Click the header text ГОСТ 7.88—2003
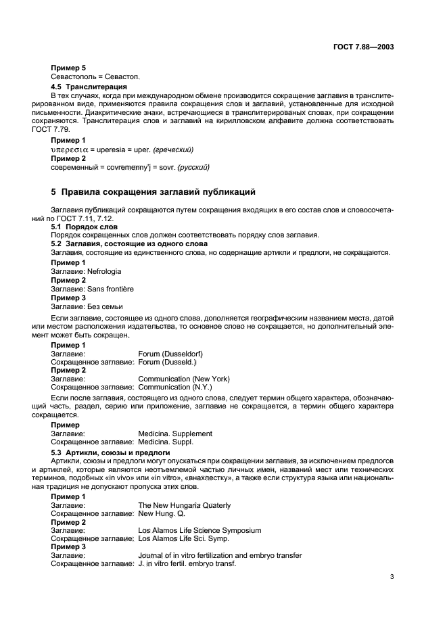coord(363,48)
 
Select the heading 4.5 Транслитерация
coord(89,87)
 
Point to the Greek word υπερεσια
coord(70,149)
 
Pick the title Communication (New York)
coord(184,379)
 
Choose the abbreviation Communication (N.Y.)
coord(175,388)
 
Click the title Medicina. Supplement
coord(175,433)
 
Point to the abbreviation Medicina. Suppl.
coord(166,442)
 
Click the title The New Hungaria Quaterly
coord(184,505)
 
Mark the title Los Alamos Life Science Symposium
coord(199,530)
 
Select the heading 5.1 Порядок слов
coord(85,227)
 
